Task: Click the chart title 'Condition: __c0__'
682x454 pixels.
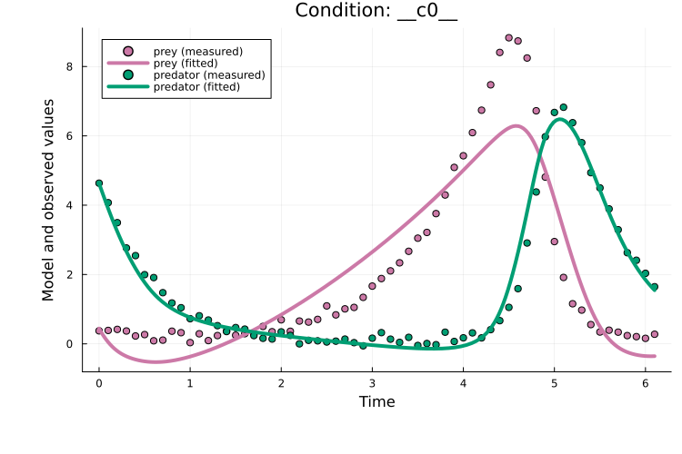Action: (x=376, y=11)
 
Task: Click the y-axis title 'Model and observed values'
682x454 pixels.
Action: (x=49, y=200)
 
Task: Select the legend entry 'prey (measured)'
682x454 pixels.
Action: (x=197, y=51)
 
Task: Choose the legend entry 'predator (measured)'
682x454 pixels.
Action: (x=208, y=74)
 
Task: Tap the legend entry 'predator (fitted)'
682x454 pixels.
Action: (x=196, y=86)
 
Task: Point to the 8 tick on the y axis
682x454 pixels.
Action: (x=69, y=66)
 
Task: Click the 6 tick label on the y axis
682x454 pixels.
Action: (x=69, y=135)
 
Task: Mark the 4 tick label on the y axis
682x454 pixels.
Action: (x=69, y=205)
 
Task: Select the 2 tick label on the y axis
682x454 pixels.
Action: (x=69, y=274)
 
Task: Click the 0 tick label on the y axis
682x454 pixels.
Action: (x=69, y=344)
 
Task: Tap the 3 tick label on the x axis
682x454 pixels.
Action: (x=372, y=383)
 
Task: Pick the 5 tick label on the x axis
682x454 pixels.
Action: (x=554, y=383)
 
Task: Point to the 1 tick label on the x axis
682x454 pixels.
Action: (x=190, y=383)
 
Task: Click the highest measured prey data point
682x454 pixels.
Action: (x=508, y=37)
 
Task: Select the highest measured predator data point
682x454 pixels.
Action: (x=563, y=107)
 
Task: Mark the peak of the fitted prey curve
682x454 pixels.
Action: (x=517, y=126)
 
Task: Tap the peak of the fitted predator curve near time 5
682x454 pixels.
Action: (x=560, y=119)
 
